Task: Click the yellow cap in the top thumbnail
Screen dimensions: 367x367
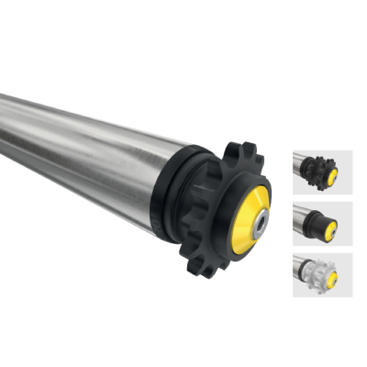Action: point(331,173)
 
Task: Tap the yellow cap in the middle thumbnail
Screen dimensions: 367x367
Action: point(330,227)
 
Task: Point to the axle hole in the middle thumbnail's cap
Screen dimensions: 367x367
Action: point(332,228)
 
